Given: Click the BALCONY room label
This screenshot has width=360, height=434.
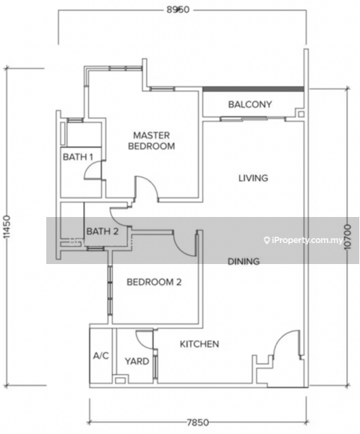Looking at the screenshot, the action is point(250,104).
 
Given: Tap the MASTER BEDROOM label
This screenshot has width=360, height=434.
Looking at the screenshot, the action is point(151,140).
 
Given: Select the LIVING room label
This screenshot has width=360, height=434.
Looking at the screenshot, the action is point(253,178).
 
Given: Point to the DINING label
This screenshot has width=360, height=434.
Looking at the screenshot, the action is point(244,261).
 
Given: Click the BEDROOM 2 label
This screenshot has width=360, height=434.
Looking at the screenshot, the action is point(154,282).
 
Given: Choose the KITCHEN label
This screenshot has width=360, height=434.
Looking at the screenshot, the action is point(200,344).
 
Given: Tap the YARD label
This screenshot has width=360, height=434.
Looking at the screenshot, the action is point(137,361).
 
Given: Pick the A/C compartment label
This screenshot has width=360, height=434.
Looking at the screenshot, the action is point(101,356).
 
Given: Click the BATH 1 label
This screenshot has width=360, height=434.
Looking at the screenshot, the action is point(78,157).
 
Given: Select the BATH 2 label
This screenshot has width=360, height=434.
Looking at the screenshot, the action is point(103,231).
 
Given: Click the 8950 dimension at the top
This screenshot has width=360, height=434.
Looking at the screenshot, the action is point(178,9).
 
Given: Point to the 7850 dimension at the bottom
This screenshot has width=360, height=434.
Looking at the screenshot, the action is point(197,422).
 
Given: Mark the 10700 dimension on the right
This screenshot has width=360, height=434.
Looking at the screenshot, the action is point(348,237).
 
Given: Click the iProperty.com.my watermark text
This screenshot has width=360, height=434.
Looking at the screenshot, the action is point(304,240).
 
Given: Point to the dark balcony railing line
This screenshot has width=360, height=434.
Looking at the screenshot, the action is point(253,89).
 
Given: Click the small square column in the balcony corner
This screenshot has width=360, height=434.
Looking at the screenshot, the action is point(301,114).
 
